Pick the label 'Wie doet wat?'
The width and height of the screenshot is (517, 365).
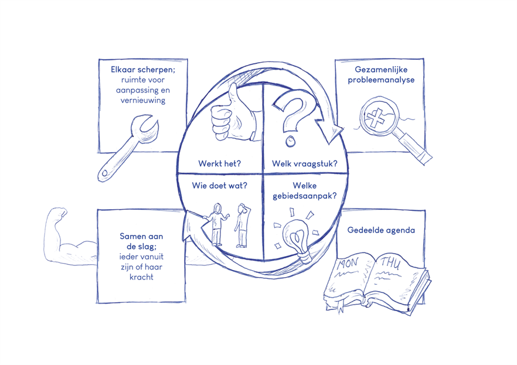[220, 185]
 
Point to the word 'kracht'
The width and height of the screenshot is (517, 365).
[141, 277]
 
